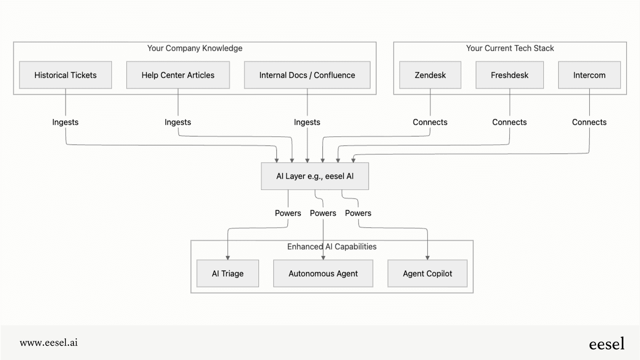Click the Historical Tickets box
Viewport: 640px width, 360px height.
tap(66, 75)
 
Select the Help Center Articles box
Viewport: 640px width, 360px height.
tap(178, 75)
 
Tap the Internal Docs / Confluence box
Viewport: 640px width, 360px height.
tap(307, 75)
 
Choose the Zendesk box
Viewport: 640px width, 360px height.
tap(430, 75)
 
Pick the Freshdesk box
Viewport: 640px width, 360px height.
tap(509, 75)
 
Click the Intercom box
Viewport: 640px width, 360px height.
tap(589, 75)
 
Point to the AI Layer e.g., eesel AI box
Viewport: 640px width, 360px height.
tap(315, 176)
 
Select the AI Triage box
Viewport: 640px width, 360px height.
tap(227, 274)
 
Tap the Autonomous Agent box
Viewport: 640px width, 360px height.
tap(323, 274)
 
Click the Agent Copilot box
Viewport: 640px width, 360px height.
tap(427, 274)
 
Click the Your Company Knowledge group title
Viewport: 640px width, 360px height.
tap(195, 48)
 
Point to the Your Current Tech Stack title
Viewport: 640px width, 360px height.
tap(510, 48)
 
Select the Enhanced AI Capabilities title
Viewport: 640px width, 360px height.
tap(332, 247)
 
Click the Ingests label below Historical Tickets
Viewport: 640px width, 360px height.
tap(65, 122)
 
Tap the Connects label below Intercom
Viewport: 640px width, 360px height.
tap(589, 122)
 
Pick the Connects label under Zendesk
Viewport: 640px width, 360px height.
tap(430, 122)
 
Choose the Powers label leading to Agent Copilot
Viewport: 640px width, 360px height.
tap(358, 213)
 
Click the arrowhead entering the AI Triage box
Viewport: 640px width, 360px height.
tap(228, 258)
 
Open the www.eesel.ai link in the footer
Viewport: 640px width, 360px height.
tap(49, 342)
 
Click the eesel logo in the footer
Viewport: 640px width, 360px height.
tap(606, 344)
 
